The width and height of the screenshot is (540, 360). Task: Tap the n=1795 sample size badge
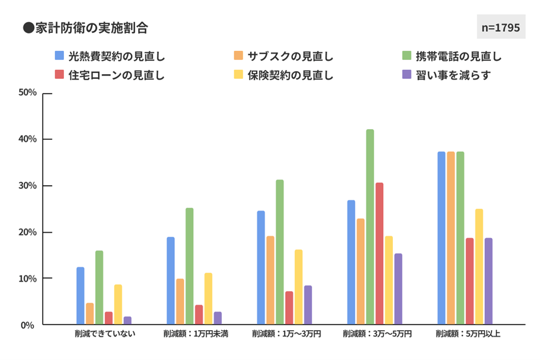coord(501,28)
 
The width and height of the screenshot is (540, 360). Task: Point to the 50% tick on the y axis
coord(28,93)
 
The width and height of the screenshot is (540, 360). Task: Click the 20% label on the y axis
coord(28,232)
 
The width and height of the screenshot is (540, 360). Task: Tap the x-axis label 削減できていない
coord(105,334)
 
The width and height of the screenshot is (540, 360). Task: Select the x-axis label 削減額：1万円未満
coord(196,334)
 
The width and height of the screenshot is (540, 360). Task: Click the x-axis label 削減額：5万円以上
coord(468,334)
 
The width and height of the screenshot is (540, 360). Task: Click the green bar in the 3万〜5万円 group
coord(370,227)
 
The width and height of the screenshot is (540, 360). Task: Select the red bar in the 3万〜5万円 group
coord(379,254)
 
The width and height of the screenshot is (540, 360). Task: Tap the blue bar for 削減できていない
coord(81,296)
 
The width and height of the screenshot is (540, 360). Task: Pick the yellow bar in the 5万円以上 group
coord(479,267)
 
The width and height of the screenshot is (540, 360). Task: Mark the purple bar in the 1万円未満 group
coord(218,318)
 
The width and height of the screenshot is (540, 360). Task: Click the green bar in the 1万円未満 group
coord(190,266)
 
